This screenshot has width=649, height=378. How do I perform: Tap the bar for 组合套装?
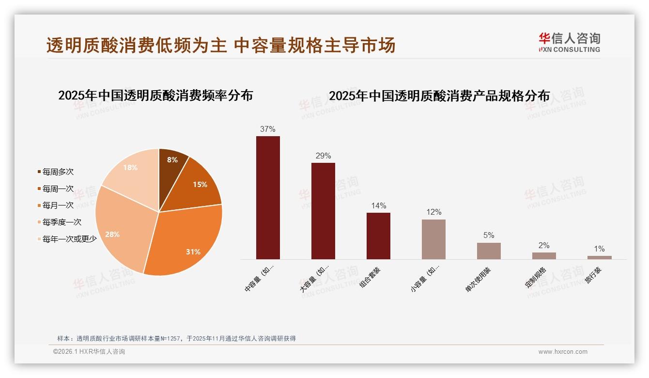378,236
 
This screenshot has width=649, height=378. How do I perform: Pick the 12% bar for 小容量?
433,239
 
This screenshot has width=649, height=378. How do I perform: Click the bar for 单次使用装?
489,251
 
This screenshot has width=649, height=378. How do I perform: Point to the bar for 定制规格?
544,256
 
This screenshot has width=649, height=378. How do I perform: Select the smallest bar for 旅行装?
599,257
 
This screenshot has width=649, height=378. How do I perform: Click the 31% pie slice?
186,242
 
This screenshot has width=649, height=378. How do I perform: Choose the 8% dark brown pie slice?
170,165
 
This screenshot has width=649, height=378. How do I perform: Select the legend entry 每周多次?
58,172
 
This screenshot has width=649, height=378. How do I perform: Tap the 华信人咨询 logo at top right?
569,42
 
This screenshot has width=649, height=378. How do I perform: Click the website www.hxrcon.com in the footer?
563,352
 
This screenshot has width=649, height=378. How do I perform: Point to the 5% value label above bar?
489,236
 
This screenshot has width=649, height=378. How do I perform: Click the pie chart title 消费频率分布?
155,95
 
